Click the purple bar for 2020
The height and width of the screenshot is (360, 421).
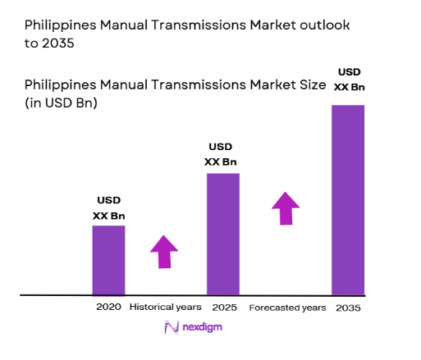(108, 259)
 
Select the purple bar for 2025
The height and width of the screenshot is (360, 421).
(222, 233)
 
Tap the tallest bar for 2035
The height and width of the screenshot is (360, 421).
(348, 199)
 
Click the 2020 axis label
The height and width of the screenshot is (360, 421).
(108, 308)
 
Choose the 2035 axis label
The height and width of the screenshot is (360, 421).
(348, 308)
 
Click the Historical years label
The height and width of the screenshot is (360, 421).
(165, 308)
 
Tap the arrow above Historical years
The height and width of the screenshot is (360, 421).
(164, 251)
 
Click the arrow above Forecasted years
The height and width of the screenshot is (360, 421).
(286, 208)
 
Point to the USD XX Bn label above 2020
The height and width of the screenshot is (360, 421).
(108, 207)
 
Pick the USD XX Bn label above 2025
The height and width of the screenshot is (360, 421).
(222, 154)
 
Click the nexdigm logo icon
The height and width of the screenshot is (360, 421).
(172, 327)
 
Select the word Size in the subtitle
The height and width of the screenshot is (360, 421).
(309, 85)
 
